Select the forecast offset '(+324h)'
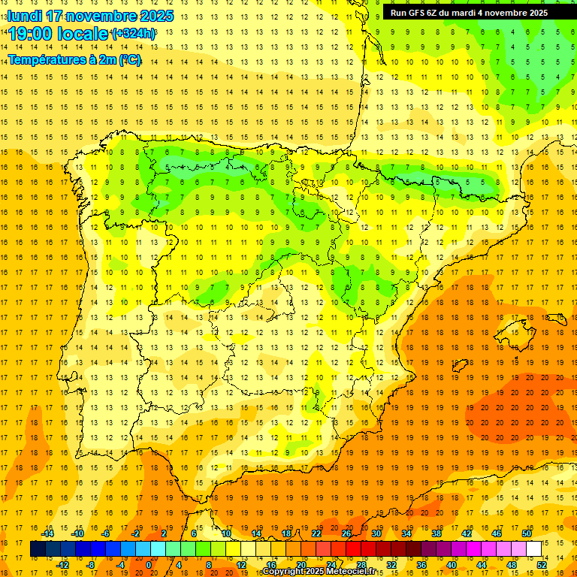click(x=133, y=33)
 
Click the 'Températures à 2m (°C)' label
click(x=74, y=59)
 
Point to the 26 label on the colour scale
click(x=346, y=533)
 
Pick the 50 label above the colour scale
click(x=526, y=533)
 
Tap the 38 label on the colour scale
click(x=437, y=533)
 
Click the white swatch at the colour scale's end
click(x=534, y=549)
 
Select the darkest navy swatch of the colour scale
click(x=38, y=549)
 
